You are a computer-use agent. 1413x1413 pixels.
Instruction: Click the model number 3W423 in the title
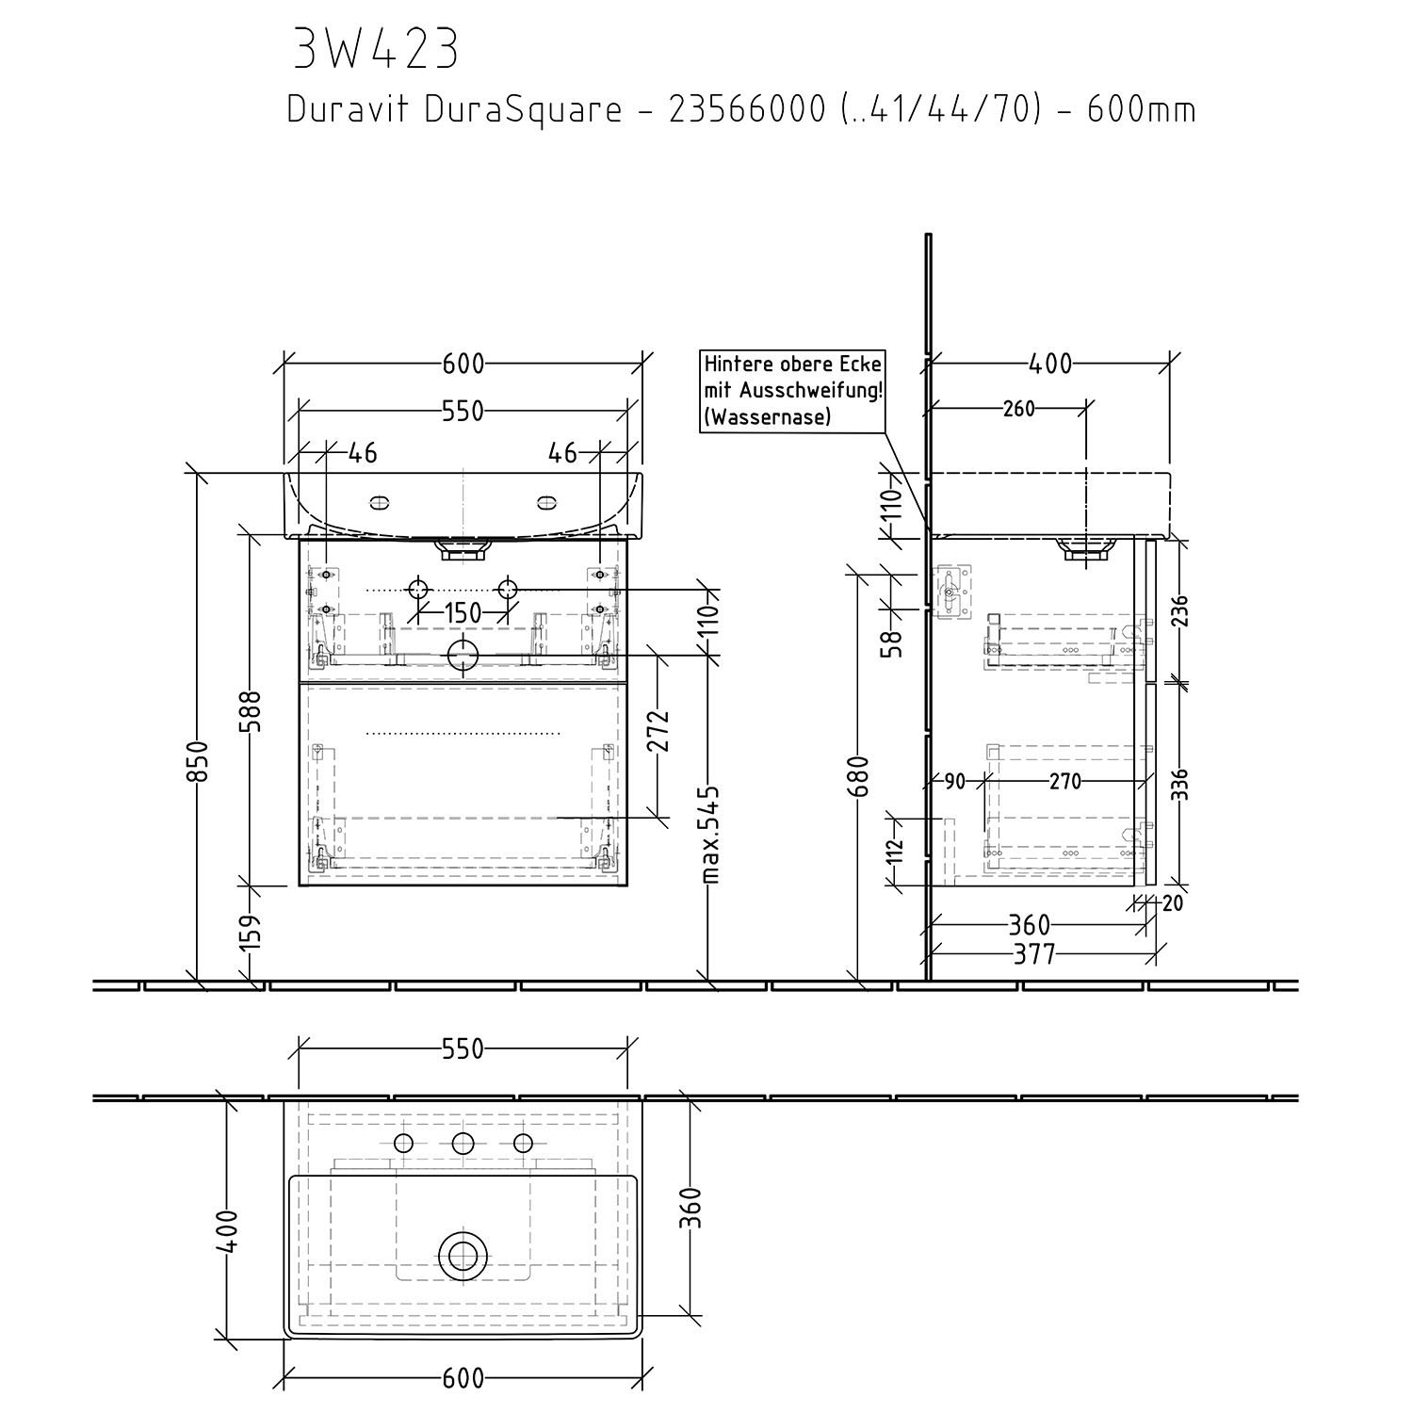coord(376,50)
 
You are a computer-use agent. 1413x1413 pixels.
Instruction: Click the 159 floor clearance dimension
coord(251,933)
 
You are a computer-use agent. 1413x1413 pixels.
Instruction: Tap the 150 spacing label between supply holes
coord(463,613)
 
